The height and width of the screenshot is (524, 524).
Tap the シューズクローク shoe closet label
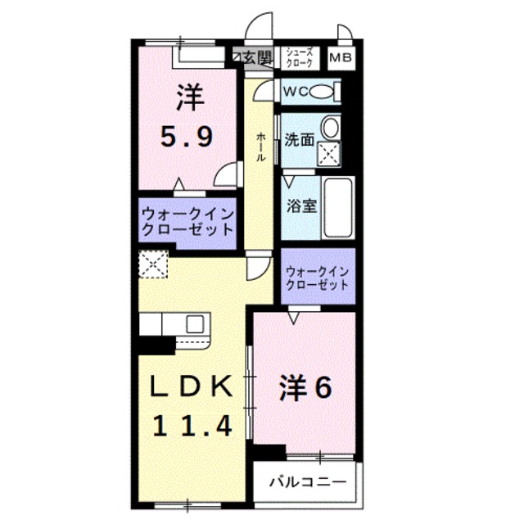tap(299, 57)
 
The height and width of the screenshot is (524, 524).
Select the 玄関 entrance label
tap(258, 57)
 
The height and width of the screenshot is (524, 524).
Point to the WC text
tap(295, 92)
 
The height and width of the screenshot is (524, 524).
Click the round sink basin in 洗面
tap(329, 128)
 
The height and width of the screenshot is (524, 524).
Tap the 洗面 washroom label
tap(299, 139)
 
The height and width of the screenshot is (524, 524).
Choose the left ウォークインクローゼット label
tap(187, 221)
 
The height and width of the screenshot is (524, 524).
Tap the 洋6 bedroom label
tap(305, 387)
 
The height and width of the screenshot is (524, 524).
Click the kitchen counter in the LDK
tap(176, 324)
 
